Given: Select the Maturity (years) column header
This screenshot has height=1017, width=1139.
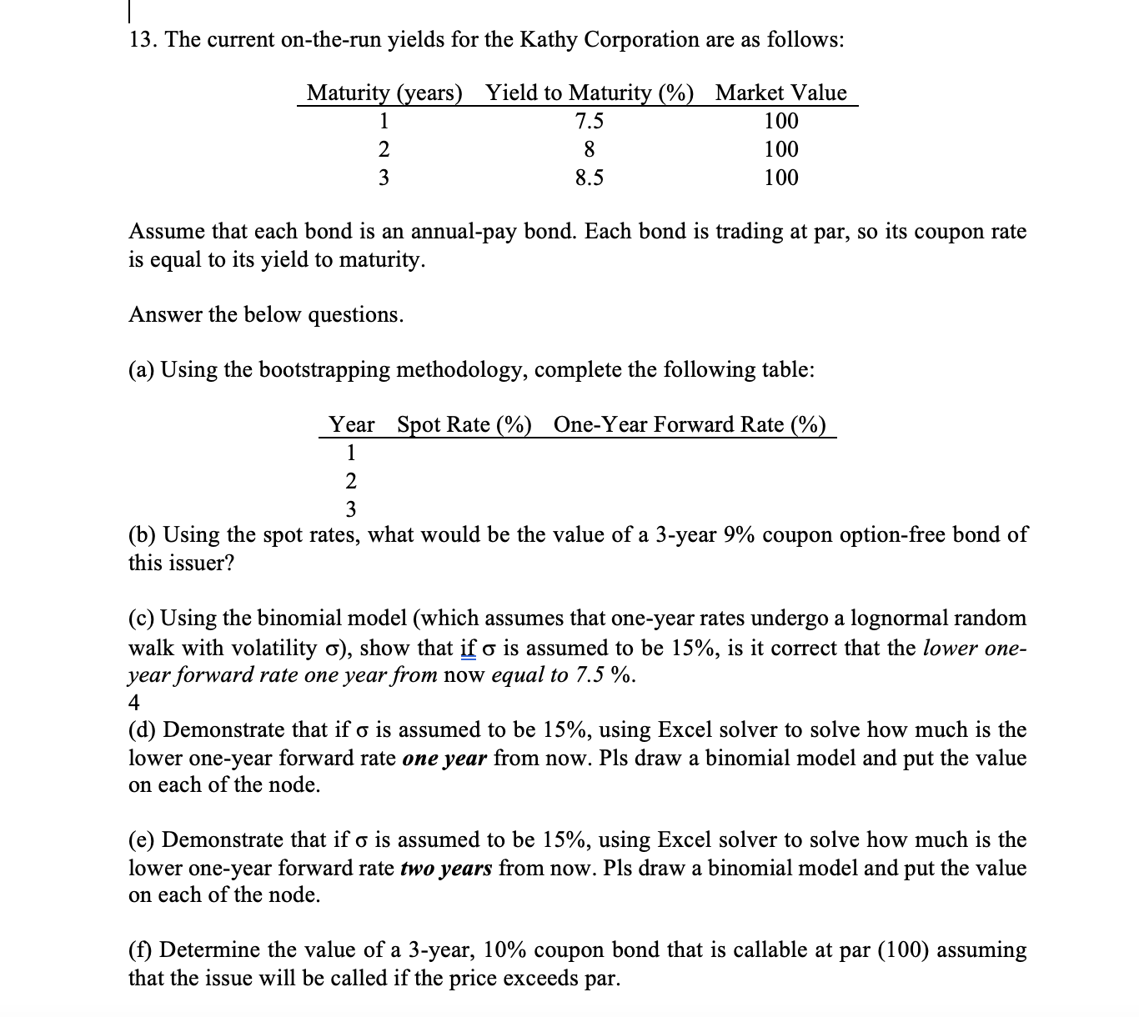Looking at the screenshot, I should tap(384, 93).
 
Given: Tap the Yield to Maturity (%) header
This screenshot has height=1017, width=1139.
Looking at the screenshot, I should tap(590, 93).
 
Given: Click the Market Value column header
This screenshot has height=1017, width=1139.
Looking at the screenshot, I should tap(780, 93).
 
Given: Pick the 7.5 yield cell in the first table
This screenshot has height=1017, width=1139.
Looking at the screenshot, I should tap(590, 122).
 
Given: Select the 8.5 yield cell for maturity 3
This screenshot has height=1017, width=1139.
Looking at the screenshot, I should tap(590, 178).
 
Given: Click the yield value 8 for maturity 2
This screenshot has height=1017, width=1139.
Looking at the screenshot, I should tap(590, 150).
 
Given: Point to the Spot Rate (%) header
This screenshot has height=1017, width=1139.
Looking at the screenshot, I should tap(464, 424).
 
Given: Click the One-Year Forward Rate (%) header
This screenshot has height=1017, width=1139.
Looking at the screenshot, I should tap(690, 424).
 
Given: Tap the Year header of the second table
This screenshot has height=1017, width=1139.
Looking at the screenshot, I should tap(351, 424).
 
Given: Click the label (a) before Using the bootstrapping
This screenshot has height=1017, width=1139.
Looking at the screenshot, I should tap(141, 369).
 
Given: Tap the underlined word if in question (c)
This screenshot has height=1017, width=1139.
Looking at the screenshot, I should tap(468, 648).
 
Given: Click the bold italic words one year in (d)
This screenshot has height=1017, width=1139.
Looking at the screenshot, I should tap(444, 759).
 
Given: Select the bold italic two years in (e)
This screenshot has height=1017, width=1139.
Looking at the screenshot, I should tap(446, 869).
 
